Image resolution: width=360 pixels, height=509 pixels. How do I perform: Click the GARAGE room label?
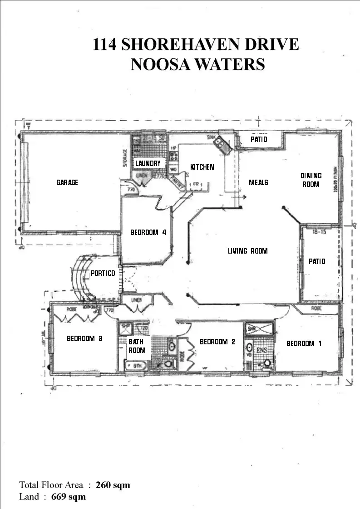(67, 182)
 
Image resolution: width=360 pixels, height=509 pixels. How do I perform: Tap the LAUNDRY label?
(148, 163)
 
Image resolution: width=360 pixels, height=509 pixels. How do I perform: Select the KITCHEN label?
(202, 167)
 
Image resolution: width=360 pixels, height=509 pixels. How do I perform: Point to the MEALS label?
(258, 182)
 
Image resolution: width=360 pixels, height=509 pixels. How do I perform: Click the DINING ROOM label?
(311, 180)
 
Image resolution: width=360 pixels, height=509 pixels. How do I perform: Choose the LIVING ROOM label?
(248, 251)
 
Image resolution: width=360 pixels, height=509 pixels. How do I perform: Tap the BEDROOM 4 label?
(148, 232)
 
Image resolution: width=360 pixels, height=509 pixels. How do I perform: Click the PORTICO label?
(103, 273)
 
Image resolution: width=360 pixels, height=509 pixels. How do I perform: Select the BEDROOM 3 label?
(84, 338)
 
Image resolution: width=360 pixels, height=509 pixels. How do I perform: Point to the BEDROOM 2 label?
(217, 342)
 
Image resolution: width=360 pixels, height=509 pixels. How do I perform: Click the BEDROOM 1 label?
(304, 343)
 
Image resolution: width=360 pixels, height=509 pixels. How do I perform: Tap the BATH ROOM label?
(137, 346)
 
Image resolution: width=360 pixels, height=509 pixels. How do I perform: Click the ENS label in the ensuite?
(262, 350)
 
